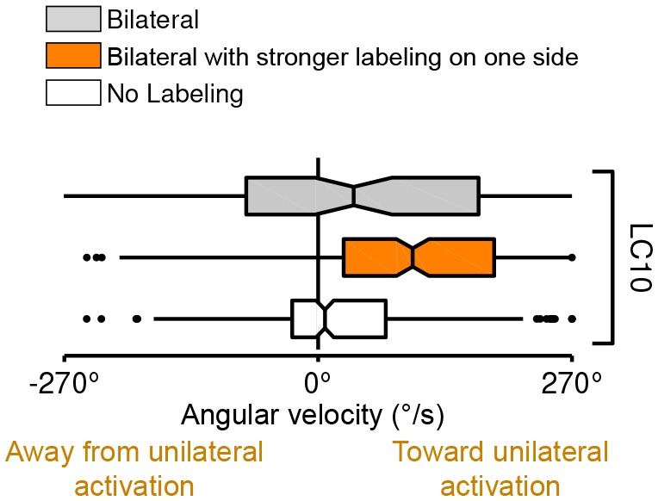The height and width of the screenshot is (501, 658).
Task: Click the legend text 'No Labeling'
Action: pos(175,93)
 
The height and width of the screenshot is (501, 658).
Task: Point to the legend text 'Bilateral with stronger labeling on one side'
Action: pos(341,56)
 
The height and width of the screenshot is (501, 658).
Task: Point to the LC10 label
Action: pos(638,257)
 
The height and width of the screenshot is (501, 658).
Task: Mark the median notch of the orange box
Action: pos(413,257)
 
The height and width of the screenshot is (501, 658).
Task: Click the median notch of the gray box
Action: pos(354,196)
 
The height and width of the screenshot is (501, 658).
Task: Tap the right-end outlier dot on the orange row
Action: pos(572,257)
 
